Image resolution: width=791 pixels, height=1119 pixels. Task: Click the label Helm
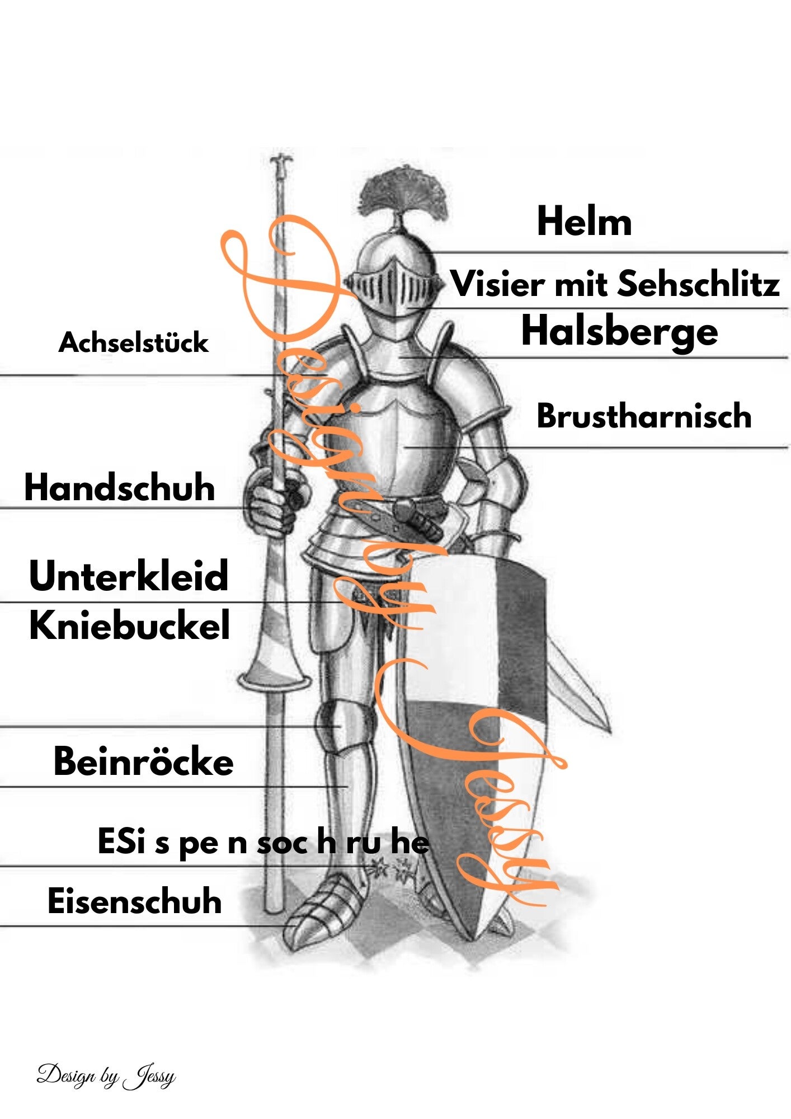584,222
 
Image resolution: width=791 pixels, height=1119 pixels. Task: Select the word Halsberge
619,331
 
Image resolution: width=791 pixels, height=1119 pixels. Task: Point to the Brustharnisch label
643,416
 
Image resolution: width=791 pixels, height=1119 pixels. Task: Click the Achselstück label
133,342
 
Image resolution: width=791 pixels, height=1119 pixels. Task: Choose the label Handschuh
119,487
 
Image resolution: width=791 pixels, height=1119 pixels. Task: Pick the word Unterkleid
129,576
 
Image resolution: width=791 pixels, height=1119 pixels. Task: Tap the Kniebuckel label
129,626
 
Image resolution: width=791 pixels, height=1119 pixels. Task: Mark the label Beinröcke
143,761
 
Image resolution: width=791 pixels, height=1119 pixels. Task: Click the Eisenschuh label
134,901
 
